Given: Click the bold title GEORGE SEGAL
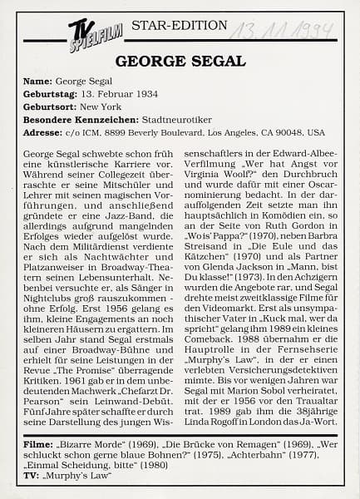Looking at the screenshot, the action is (179, 61).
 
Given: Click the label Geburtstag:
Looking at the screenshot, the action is (52, 96).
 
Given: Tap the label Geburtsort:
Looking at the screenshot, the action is (50, 108).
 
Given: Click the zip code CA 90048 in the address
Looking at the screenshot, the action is (284, 132).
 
